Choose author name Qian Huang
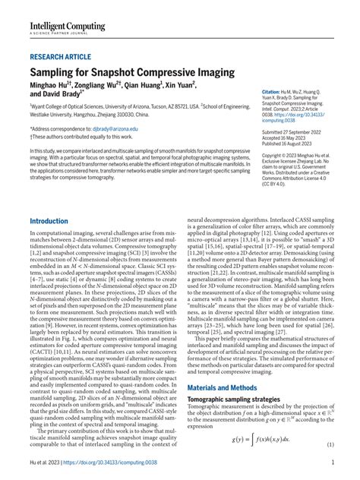tap(162, 87)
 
